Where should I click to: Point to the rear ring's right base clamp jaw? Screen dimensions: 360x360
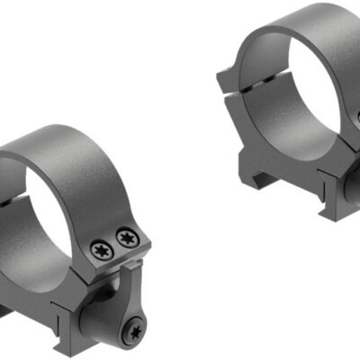[337, 180]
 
